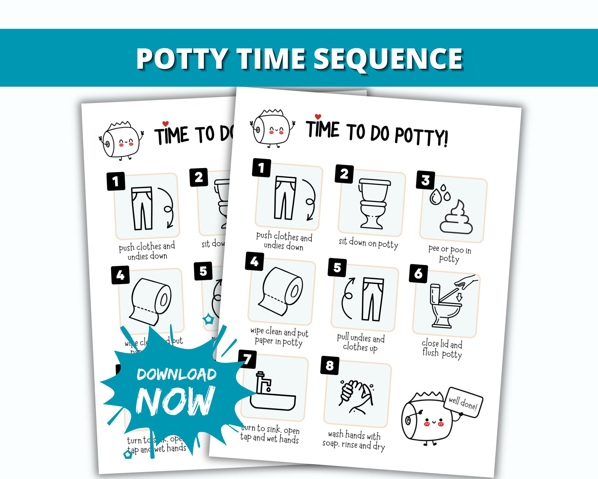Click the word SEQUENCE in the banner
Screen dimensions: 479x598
click(388, 59)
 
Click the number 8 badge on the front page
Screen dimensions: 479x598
click(330, 365)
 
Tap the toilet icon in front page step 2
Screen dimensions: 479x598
click(372, 204)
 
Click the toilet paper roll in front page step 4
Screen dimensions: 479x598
click(281, 291)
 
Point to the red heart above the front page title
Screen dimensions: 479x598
click(318, 117)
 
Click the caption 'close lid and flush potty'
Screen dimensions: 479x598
click(442, 349)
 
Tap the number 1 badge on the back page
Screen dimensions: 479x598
click(116, 182)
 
